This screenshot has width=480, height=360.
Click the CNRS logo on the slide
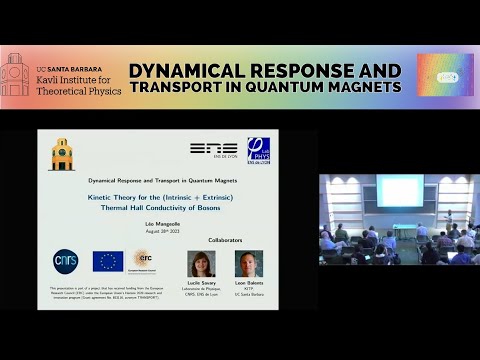click(65, 261)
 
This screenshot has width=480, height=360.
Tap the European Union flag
click(107, 261)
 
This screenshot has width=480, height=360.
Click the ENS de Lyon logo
click(213, 149)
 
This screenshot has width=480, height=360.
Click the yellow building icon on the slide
click(62, 154)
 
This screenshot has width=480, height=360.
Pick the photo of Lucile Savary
click(201, 263)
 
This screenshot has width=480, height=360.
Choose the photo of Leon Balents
click(249, 263)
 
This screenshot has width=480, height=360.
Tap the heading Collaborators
click(225, 240)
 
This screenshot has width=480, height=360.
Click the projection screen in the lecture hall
click(399, 191)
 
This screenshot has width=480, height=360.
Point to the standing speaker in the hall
click(448, 219)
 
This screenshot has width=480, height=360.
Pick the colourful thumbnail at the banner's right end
click(444, 75)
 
